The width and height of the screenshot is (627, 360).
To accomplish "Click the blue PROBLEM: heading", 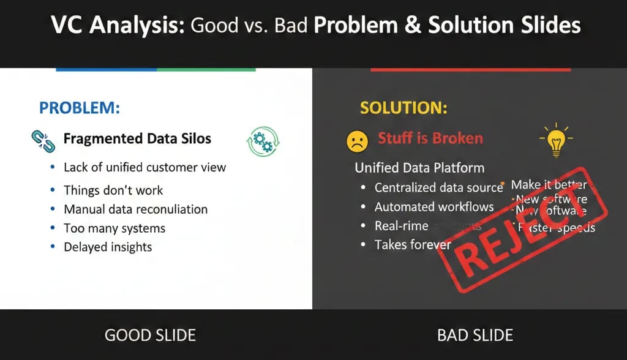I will tap(80, 108).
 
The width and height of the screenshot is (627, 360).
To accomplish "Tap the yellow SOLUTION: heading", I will tap(403, 108).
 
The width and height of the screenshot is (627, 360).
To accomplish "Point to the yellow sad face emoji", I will tap(357, 141).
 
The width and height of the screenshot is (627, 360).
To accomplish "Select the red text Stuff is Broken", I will tap(430, 138).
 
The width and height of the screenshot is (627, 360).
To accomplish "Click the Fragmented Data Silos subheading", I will tap(137, 138).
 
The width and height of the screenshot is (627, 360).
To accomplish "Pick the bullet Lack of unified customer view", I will tap(145, 167).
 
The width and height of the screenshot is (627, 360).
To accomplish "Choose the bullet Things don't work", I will tap(113, 190).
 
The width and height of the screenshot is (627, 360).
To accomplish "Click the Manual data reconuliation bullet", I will tap(135, 209).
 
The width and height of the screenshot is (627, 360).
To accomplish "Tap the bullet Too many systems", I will tap(115, 228).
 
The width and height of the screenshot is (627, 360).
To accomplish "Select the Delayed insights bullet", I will tap(108, 247).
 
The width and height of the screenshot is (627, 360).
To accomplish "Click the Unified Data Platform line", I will tap(419, 168).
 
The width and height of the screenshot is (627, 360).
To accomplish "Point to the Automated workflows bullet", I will tap(434, 207).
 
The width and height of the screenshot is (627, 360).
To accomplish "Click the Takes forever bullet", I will tap(413, 245).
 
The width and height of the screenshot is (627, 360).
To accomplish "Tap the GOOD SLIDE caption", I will tap(150, 335).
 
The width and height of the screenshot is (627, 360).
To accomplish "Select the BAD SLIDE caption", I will tap(475, 335).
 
